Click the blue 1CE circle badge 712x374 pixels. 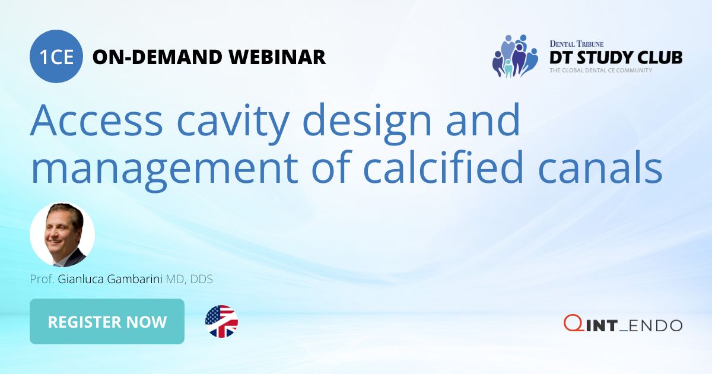56,57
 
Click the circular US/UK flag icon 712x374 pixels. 221,322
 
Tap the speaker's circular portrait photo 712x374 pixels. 62,235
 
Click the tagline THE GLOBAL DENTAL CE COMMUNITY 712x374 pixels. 600,71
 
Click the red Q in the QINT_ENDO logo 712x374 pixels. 572,324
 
